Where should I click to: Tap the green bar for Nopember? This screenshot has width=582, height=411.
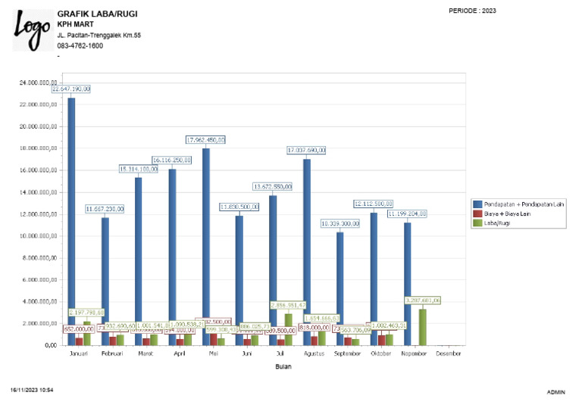coord(423,326)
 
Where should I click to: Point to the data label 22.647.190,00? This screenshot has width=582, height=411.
coord(71,89)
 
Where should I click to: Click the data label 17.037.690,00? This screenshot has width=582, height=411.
coord(306,150)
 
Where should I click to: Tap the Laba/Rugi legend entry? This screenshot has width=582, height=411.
coord(497,223)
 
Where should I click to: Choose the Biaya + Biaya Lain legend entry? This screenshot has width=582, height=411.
coord(508,213)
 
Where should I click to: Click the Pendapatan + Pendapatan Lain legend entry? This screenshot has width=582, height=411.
coord(520,204)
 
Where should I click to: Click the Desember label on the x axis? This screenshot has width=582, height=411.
coord(448,353)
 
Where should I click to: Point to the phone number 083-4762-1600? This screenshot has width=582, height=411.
coord(80,45)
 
